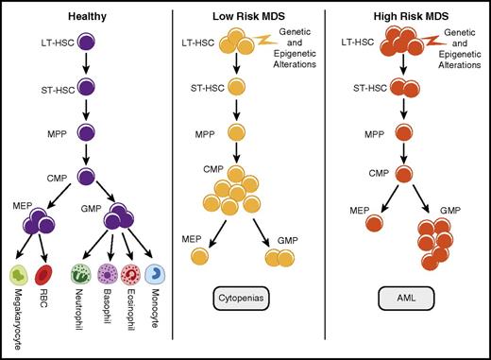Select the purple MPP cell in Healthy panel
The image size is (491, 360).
coord(88,131)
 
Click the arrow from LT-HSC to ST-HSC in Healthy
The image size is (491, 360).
coord(88,64)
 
